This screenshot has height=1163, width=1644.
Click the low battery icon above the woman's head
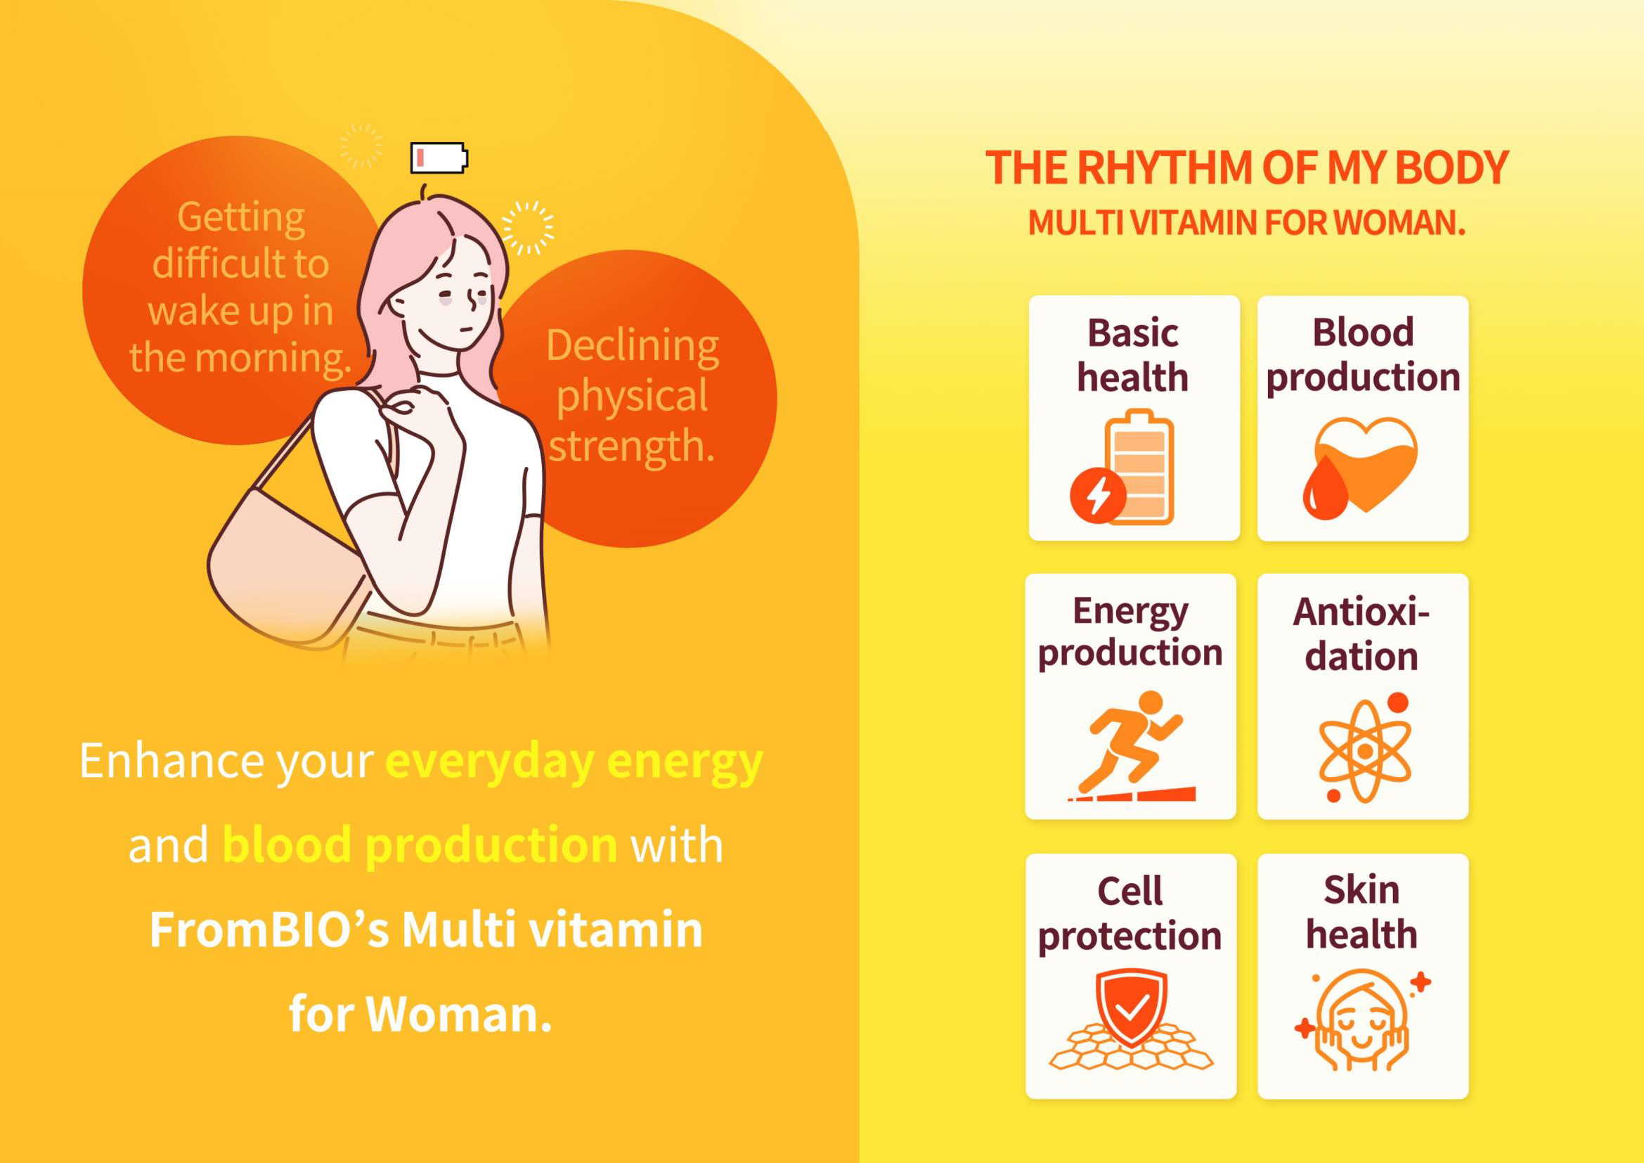[x=439, y=158]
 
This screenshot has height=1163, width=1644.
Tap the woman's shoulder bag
[x=286, y=566]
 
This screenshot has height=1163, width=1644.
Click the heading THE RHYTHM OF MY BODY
[x=1247, y=167]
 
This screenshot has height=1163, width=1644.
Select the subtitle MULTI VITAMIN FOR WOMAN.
[x=1247, y=222]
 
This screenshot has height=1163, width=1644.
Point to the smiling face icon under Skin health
[x=1362, y=1020]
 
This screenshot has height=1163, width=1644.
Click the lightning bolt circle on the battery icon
[x=1099, y=495]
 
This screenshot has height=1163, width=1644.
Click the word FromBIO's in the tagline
[x=270, y=930]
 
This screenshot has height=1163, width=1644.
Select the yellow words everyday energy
[x=574, y=762]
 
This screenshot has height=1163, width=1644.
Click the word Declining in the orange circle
[x=633, y=347]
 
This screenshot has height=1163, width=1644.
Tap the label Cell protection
[x=1130, y=913]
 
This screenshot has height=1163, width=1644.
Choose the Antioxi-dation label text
[x=1361, y=633]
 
